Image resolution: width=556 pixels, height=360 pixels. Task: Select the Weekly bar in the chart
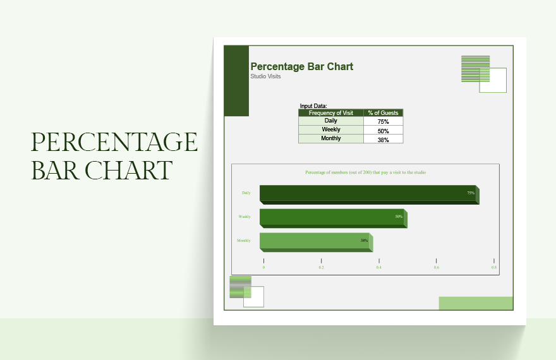coord(332,217)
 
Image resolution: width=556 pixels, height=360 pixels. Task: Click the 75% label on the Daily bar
coord(471,193)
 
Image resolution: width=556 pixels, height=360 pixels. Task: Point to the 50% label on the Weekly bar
coord(399,217)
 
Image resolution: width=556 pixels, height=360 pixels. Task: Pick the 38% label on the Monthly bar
coord(364,241)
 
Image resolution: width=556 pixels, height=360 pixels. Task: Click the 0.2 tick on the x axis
coord(321,268)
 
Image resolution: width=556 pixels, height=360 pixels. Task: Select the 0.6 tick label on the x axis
coord(436,268)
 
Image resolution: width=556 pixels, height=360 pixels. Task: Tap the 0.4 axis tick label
coord(378,268)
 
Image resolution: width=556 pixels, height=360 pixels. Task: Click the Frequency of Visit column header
coord(331,113)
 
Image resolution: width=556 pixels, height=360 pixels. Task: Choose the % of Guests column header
coord(383,113)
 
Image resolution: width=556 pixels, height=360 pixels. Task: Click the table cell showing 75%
coord(383,121)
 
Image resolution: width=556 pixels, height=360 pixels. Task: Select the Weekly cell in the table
coord(331,129)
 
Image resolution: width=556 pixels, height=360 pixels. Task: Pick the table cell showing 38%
coord(383,139)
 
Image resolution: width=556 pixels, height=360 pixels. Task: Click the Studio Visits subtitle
coord(265,76)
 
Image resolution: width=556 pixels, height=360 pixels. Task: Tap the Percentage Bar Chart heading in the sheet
coord(302,66)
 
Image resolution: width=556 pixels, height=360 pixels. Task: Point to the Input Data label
coord(313,105)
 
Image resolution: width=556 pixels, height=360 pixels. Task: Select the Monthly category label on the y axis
coord(244,241)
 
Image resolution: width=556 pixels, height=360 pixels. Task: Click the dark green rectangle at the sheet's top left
coord(237,81)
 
